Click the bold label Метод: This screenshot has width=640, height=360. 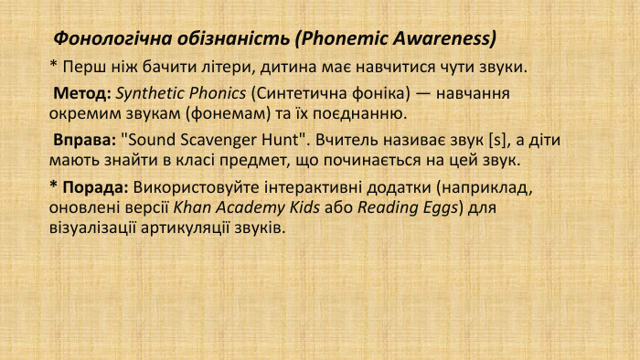coord(82,94)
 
